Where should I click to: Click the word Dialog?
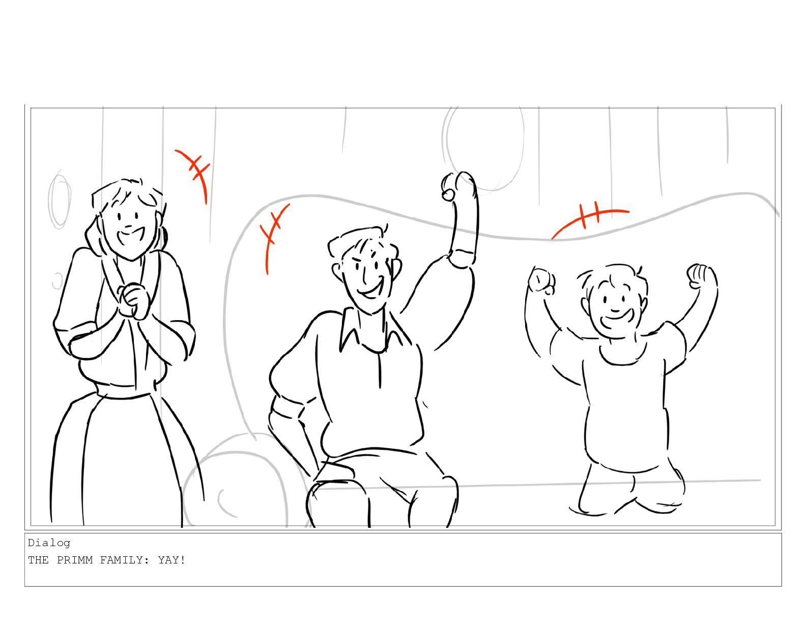pyautogui.click(x=49, y=543)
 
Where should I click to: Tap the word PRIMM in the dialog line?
pyautogui.click(x=75, y=560)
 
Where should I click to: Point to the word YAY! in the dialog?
pyautogui.click(x=171, y=560)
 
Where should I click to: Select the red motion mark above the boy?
pyautogui.click(x=589, y=218)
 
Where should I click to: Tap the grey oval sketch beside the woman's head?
pyautogui.click(x=59, y=201)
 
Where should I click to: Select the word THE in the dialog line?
pyautogui.click(x=38, y=560)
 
